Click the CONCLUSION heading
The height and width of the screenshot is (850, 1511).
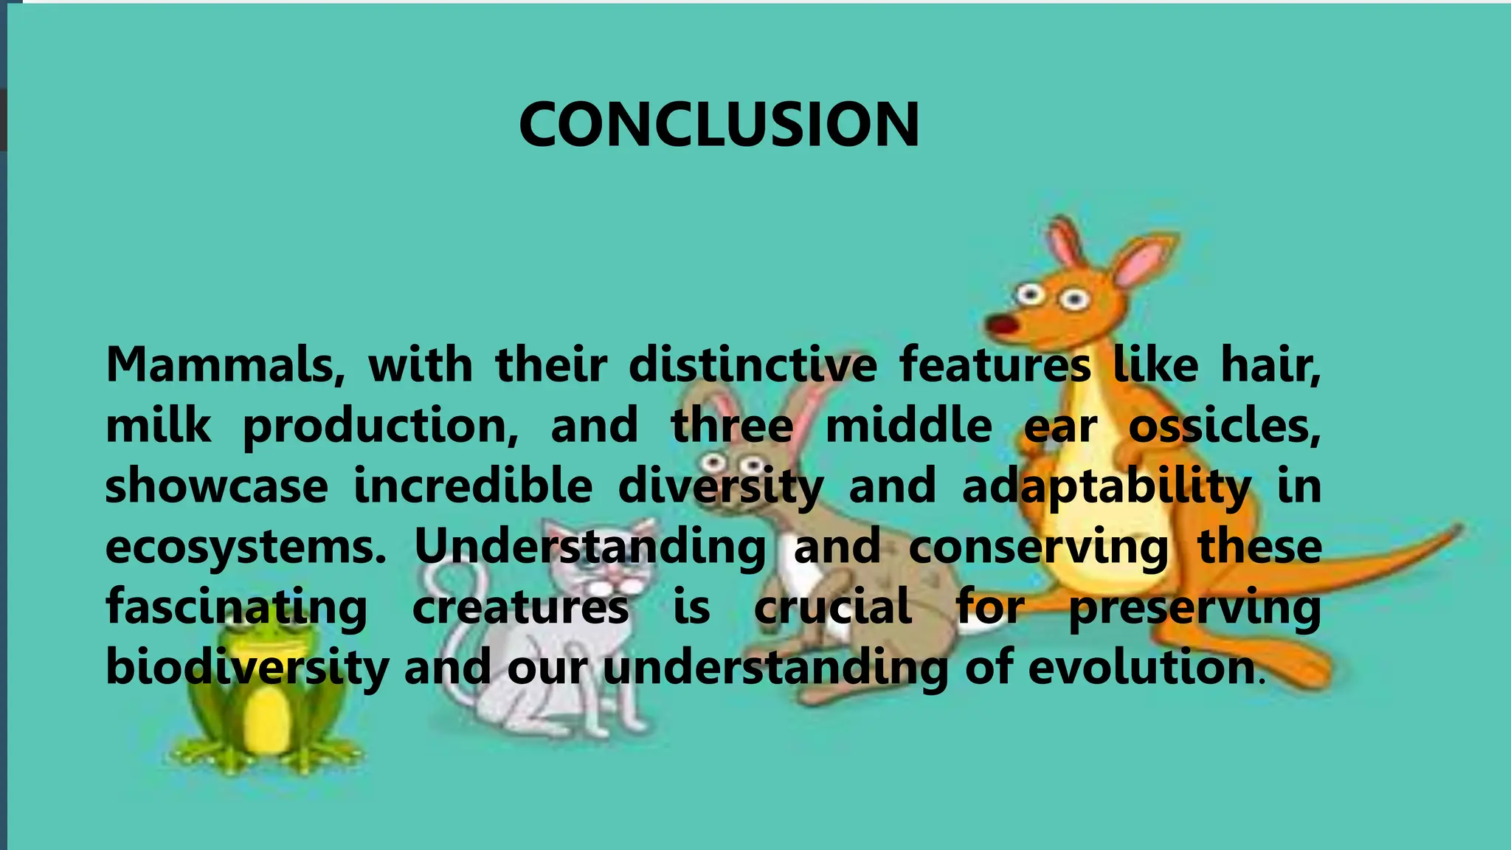pyautogui.click(x=719, y=125)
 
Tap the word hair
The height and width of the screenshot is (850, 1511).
pyautogui.click(x=1270, y=364)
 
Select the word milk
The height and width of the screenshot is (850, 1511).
pyautogui.click(x=158, y=426)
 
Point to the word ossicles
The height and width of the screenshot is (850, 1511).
pyautogui.click(x=1224, y=426)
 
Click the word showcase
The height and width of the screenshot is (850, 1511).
pyautogui.click(x=216, y=486)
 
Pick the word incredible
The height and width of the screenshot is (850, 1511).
pyautogui.click(x=473, y=486)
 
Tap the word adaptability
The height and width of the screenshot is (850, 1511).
pyautogui.click(x=1106, y=488)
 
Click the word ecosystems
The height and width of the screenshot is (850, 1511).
pyautogui.click(x=246, y=547)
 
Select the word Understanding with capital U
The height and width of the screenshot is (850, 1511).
pyautogui.click(x=589, y=547)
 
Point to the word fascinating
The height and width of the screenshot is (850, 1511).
pyautogui.click(x=236, y=608)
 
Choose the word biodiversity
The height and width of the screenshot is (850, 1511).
pyautogui.click(x=246, y=668)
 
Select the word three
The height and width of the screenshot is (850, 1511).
pyautogui.click(x=732, y=426)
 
